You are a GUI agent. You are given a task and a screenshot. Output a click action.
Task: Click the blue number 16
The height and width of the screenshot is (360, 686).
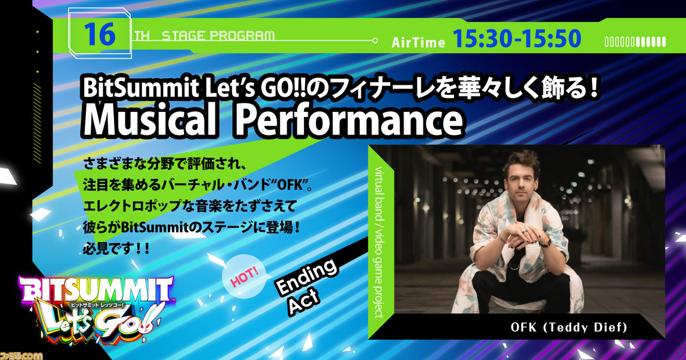point(100,34)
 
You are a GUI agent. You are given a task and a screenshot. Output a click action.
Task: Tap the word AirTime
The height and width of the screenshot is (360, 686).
point(419,42)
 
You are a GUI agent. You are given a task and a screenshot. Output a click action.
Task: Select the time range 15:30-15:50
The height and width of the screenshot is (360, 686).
point(517,38)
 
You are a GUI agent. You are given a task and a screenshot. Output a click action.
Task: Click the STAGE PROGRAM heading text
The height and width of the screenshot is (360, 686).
point(218,36)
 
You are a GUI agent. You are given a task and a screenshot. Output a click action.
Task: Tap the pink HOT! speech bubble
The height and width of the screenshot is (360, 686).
point(244,276)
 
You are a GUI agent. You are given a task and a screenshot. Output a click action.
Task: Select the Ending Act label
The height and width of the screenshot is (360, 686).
point(306,287)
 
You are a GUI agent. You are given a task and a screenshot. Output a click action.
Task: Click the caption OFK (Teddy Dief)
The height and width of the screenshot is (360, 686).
point(569,327)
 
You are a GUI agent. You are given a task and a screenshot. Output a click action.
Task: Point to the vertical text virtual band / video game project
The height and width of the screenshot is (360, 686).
point(378,242)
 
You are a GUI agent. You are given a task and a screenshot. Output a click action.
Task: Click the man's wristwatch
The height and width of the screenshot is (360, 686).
point(546,242)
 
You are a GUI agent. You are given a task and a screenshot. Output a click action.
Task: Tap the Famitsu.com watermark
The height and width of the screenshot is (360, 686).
point(21,356)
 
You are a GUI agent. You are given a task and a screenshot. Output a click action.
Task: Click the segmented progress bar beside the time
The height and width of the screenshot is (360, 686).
point(635,42)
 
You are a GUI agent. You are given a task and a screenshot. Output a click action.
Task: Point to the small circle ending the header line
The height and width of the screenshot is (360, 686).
point(375,40)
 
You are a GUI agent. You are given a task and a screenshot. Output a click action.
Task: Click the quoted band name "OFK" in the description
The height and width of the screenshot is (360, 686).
point(288,185)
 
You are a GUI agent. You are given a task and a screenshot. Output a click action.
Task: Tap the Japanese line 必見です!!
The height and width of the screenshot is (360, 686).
point(116,249)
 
